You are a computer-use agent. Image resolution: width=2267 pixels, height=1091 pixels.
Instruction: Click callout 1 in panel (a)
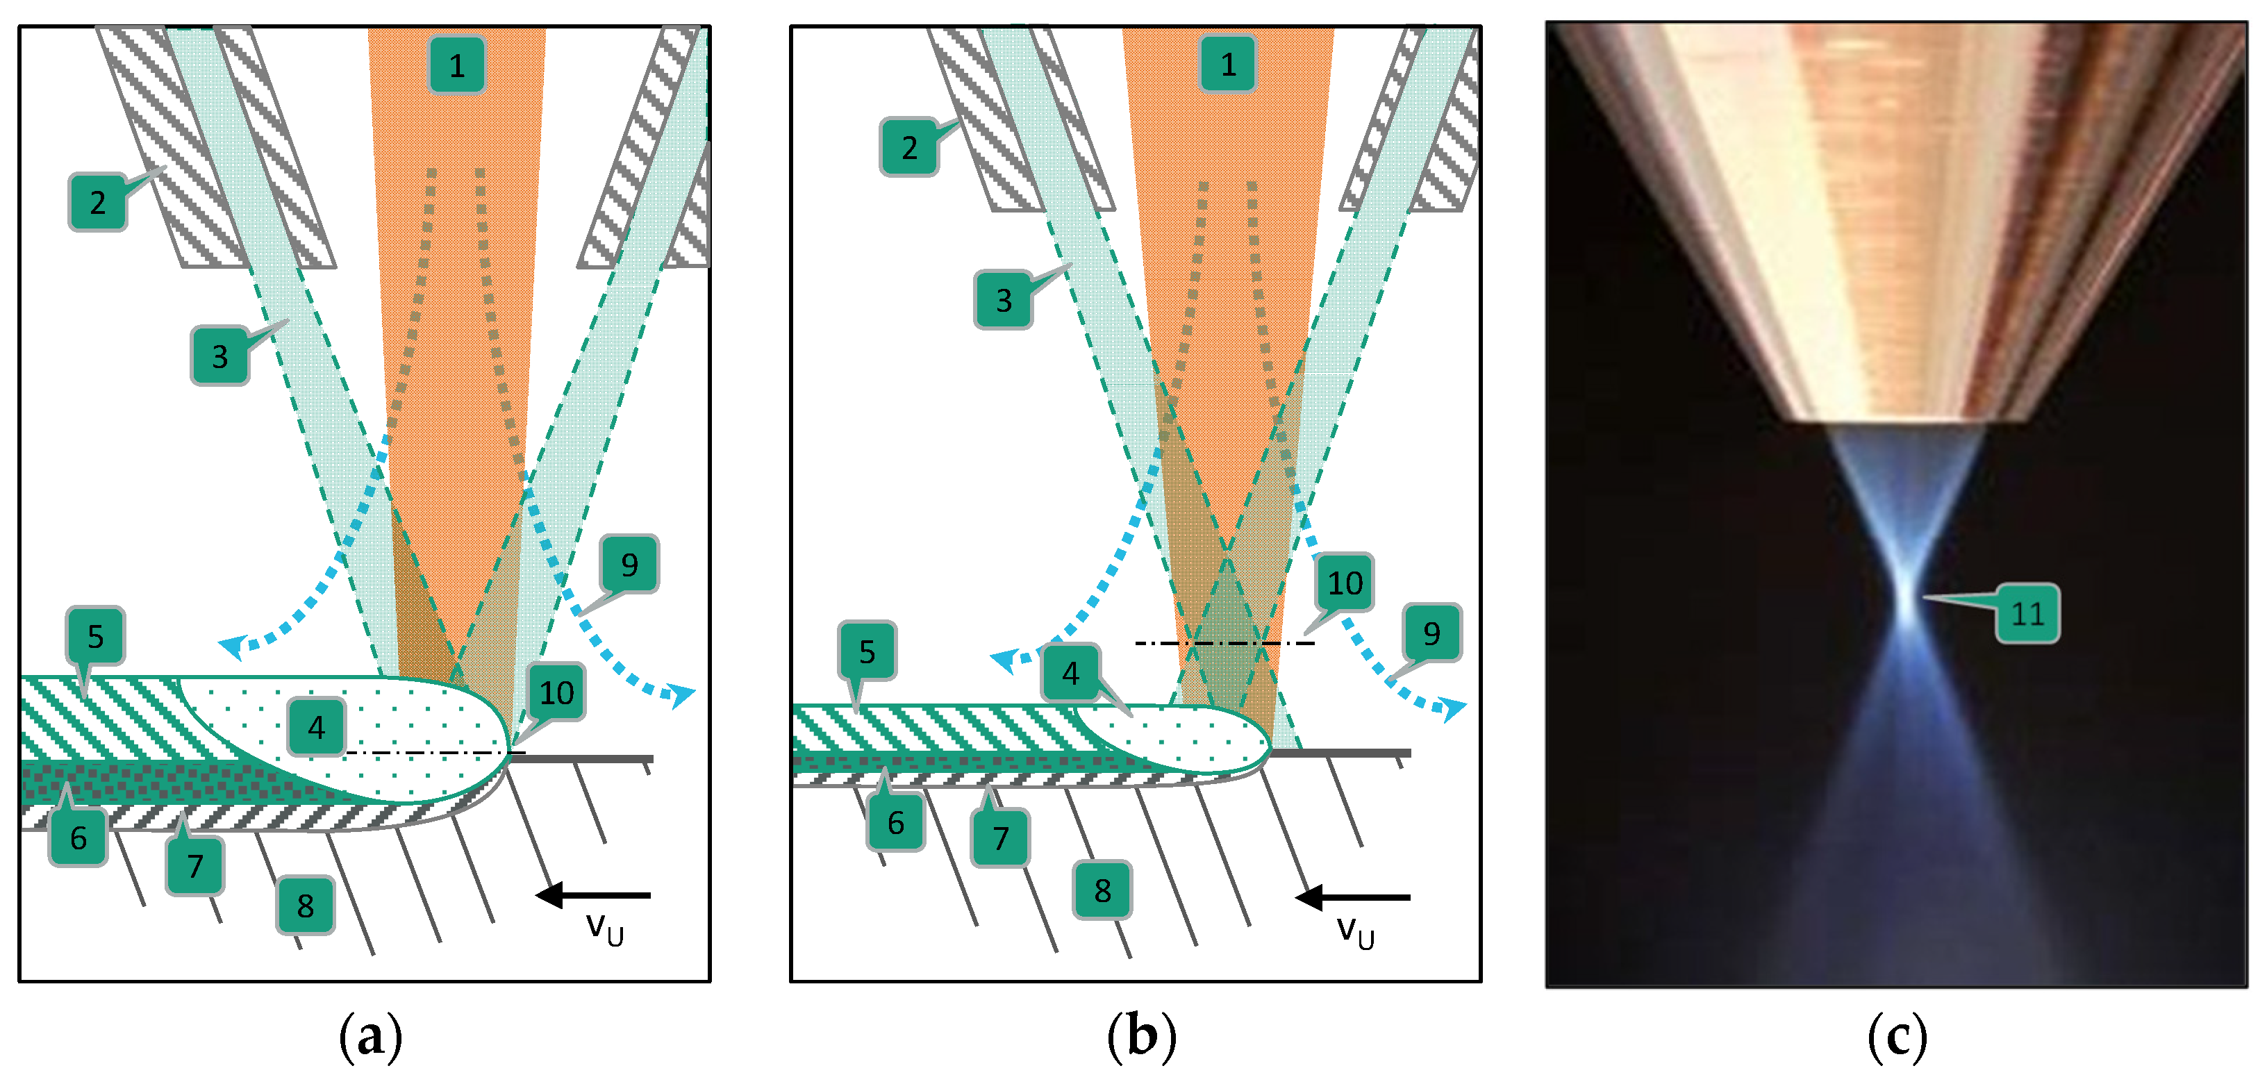(x=457, y=65)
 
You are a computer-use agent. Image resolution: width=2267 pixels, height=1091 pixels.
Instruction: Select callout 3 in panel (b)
(x=1003, y=300)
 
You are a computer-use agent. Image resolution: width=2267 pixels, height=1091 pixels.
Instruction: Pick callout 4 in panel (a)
(x=316, y=726)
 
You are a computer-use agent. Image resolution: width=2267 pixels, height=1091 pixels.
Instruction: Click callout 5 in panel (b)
(x=867, y=651)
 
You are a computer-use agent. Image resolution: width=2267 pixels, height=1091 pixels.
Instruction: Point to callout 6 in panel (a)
(x=78, y=837)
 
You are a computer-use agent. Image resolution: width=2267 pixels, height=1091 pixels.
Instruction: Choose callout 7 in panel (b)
(x=1001, y=838)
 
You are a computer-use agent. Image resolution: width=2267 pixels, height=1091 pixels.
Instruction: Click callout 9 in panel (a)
(x=629, y=564)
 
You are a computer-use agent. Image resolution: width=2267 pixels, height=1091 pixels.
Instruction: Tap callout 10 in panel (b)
(x=1344, y=583)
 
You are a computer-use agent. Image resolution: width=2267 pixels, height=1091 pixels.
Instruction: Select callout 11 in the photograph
(x=2027, y=613)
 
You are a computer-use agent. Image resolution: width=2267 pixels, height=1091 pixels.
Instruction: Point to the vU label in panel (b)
(x=1355, y=931)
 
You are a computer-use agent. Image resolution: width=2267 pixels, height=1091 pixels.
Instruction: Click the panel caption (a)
(x=370, y=1035)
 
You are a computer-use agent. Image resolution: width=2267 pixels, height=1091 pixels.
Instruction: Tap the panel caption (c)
(x=1897, y=1035)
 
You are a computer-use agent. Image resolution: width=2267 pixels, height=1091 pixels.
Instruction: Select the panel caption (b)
(x=1140, y=1035)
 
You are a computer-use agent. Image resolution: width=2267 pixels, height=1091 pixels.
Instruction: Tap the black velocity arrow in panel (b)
(x=1353, y=897)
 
